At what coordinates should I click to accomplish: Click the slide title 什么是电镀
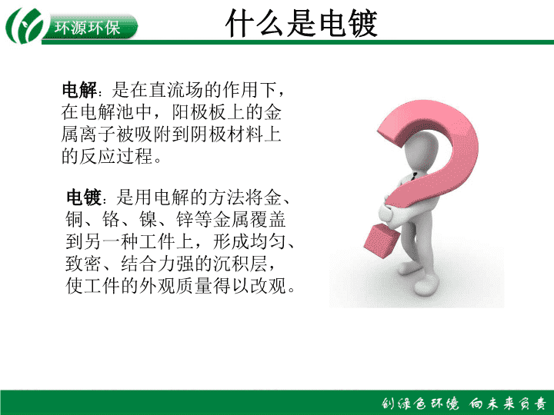pos(302,23)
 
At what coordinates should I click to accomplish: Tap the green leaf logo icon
pos(25,25)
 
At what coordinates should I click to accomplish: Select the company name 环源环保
pos(87,27)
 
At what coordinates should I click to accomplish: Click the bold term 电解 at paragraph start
pos(79,90)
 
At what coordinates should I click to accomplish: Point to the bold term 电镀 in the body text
pos(84,198)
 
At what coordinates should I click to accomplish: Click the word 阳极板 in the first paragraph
pos(199,112)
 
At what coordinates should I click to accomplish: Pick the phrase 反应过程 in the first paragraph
pos(116,155)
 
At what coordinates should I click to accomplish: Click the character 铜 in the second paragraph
pos(75,220)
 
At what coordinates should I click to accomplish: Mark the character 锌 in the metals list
pos(185,220)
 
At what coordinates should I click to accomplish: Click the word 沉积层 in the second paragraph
pos(241,264)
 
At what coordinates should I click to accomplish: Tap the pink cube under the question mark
pos(382,241)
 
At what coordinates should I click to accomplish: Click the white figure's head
pos(422,151)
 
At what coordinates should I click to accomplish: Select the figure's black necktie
pos(414,176)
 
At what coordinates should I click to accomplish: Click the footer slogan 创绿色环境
pos(420,403)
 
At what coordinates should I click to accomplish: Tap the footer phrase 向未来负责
pos(509,403)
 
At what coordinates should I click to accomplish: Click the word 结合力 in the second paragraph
pos(149,264)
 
